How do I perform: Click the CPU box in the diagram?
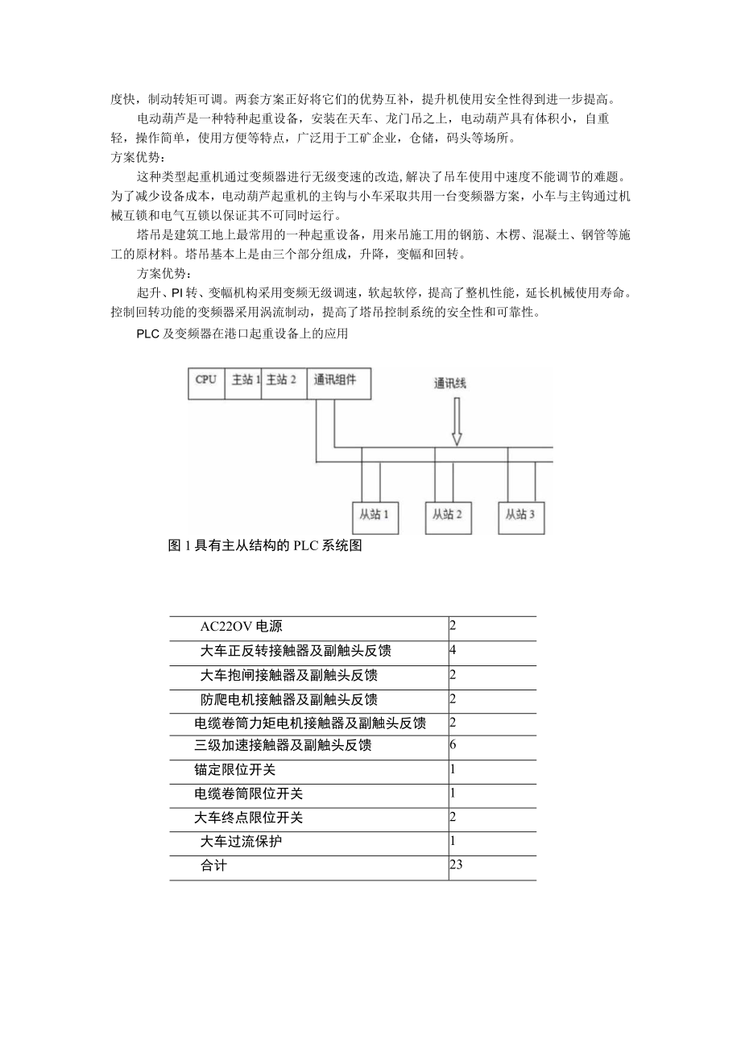206,382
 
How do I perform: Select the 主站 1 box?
245,382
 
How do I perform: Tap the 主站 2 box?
283,382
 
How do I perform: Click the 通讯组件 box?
338,382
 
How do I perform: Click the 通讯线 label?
449,384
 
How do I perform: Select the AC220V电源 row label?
241,628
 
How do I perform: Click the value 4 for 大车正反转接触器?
453,649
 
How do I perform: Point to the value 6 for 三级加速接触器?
453,745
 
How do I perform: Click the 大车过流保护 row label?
242,843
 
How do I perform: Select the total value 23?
457,865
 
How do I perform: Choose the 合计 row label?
214,867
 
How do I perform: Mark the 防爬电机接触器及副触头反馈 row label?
289,699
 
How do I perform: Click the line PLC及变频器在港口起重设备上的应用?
242,333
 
